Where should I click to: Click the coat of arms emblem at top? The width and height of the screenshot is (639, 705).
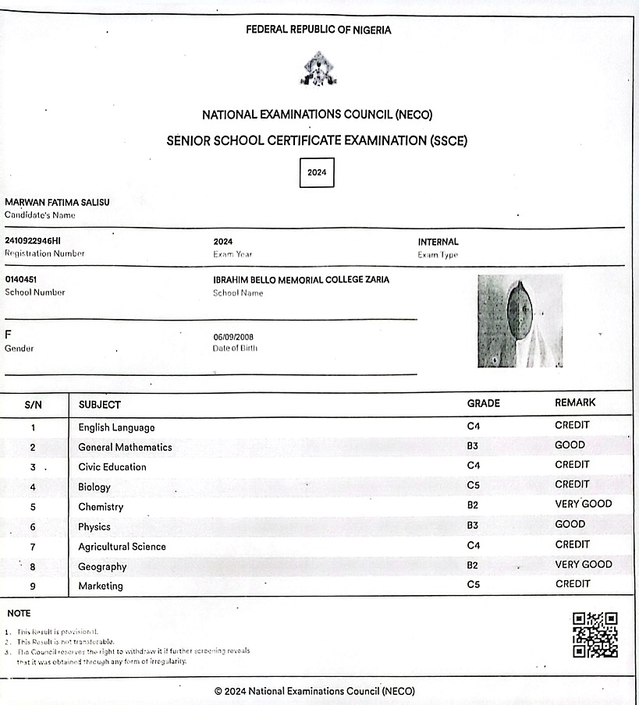[318, 69]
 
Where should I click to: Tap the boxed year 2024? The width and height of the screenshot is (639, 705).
[317, 172]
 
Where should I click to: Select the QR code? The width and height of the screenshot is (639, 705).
[595, 635]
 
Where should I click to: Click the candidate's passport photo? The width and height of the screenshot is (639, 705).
[520, 321]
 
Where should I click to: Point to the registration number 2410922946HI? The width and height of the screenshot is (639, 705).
[32, 241]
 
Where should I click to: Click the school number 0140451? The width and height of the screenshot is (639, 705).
[21, 279]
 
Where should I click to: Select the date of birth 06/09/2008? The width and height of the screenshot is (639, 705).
[233, 337]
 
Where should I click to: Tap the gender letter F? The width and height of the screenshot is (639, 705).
[9, 335]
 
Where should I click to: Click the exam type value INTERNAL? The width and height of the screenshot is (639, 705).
[438, 242]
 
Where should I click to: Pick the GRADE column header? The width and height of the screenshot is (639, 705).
[483, 403]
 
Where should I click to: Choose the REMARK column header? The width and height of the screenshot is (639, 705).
[575, 402]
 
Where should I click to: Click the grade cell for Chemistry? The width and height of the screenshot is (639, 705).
[473, 505]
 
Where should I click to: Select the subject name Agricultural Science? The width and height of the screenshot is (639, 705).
[122, 547]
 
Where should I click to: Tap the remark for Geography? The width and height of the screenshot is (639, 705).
[584, 564]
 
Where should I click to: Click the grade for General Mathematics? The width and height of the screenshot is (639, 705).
[473, 446]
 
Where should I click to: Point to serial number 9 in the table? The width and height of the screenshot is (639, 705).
[33, 586]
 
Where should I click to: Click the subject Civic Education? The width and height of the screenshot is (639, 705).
[112, 466]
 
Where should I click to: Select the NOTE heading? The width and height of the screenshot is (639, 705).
[19, 613]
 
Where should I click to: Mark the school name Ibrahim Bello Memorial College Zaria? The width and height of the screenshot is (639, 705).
[301, 279]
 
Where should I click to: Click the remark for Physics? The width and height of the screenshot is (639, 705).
[570, 524]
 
